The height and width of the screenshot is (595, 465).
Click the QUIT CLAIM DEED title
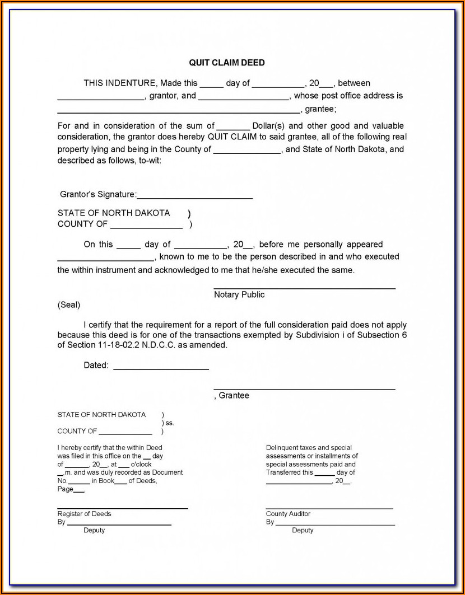pyautogui.click(x=227, y=63)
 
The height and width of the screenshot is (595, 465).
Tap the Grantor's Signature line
pyautogui.click(x=194, y=197)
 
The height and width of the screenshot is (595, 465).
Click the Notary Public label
pyautogui.click(x=239, y=295)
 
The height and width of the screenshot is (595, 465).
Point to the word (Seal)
pyautogui.click(x=69, y=305)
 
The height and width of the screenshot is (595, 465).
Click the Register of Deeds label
pyautogui.click(x=84, y=514)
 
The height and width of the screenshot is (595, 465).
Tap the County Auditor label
pyautogui.click(x=288, y=514)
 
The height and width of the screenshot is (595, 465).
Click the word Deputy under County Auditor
pyautogui.click(x=303, y=530)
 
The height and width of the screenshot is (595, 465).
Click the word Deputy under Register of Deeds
pyautogui.click(x=94, y=530)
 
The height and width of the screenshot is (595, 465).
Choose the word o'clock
pyautogui.click(x=141, y=464)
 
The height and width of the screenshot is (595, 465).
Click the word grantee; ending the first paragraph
pyautogui.click(x=320, y=109)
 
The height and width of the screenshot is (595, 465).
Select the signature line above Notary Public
pyautogui.click(x=304, y=288)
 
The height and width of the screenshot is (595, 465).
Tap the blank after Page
pyautogui.click(x=80, y=491)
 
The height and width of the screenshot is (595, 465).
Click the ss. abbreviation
pyautogui.click(x=170, y=423)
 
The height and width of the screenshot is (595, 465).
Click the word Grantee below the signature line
pyautogui.click(x=234, y=396)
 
